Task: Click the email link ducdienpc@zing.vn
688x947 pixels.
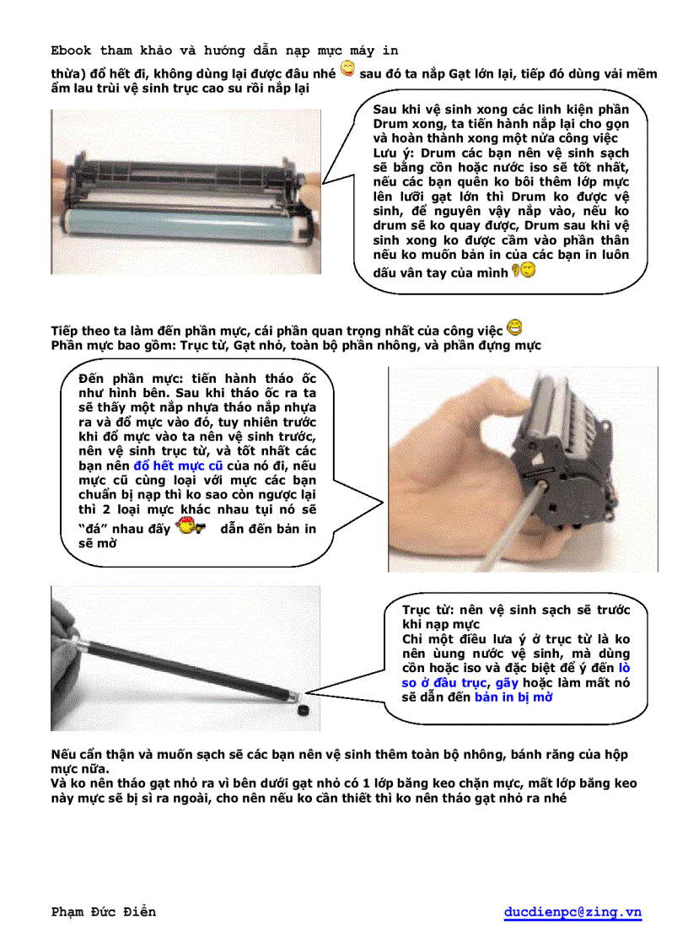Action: (572, 912)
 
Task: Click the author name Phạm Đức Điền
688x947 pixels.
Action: (104, 912)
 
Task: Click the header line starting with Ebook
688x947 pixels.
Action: (225, 51)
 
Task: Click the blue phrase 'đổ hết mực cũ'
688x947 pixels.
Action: (178, 465)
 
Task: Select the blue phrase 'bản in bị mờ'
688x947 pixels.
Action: (513, 697)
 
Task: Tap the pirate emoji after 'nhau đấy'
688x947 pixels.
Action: (190, 527)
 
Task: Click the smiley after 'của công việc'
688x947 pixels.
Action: (514, 328)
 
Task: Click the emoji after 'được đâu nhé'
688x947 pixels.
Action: (347, 69)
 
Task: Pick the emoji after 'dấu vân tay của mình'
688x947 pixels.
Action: (524, 270)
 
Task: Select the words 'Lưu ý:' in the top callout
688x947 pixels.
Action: (395, 153)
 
